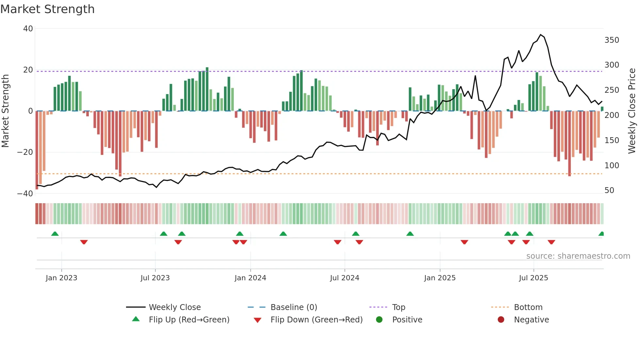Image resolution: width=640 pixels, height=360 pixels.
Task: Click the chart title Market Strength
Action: [x=47, y=9]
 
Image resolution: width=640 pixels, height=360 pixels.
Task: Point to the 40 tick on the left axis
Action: [x=28, y=29]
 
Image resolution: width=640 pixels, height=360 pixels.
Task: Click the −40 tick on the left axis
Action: [x=25, y=194]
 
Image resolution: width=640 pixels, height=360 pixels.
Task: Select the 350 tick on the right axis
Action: [x=612, y=40]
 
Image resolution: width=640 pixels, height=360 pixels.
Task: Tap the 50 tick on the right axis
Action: [x=609, y=190]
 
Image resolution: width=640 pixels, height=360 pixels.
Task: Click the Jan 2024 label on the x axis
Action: [x=250, y=278]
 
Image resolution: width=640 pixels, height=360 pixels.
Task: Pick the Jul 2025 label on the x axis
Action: [x=533, y=278]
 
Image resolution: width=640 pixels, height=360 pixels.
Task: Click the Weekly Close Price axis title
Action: [x=632, y=111]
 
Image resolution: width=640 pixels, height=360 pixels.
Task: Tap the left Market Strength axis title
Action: [x=6, y=111]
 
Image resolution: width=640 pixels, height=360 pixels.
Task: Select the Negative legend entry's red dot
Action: [x=501, y=319]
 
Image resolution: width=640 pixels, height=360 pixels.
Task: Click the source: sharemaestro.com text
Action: [x=578, y=256]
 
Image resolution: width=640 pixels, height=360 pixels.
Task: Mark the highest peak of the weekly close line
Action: [x=541, y=35]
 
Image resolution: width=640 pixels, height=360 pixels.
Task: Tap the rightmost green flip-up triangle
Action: [x=601, y=234]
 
